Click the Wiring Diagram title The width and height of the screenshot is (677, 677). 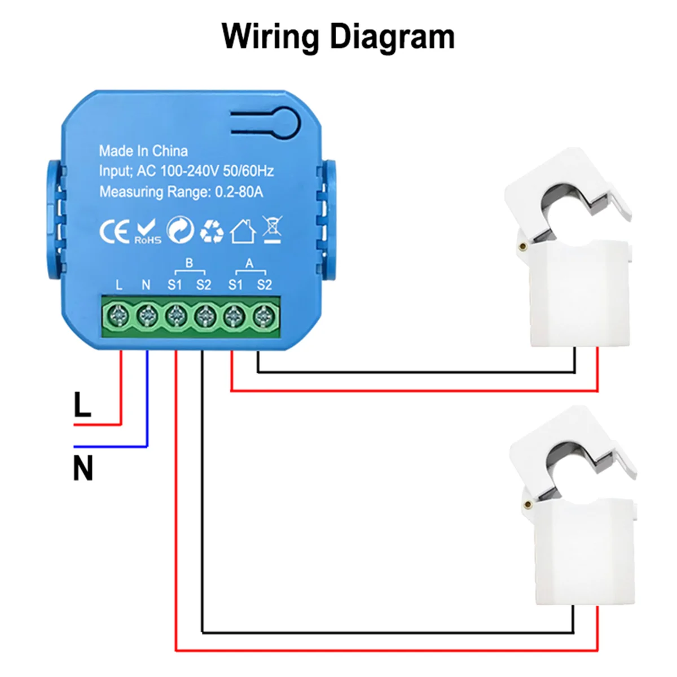pyautogui.click(x=338, y=37)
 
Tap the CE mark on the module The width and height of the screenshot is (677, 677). pyautogui.click(x=114, y=232)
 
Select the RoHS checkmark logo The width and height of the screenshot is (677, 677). pyautogui.click(x=148, y=232)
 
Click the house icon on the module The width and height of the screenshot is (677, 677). pyautogui.click(x=243, y=231)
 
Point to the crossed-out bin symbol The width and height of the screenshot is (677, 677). pyautogui.click(x=272, y=230)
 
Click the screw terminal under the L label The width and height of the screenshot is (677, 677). pyautogui.click(x=118, y=316)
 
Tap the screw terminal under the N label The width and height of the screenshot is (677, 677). pyautogui.click(x=147, y=316)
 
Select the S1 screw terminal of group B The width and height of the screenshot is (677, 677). pyautogui.click(x=175, y=316)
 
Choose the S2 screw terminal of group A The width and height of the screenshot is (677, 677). pyautogui.click(x=262, y=316)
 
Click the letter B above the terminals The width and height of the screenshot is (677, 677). pyautogui.click(x=189, y=263)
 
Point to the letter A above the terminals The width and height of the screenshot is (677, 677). pyautogui.click(x=249, y=263)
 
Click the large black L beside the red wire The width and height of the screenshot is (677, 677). pyautogui.click(x=82, y=405)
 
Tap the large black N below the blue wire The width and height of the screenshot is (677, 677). pyautogui.click(x=83, y=468)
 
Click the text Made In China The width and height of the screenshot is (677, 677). pyautogui.click(x=143, y=151)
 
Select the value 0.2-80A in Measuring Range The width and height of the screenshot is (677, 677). pyautogui.click(x=239, y=192)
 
